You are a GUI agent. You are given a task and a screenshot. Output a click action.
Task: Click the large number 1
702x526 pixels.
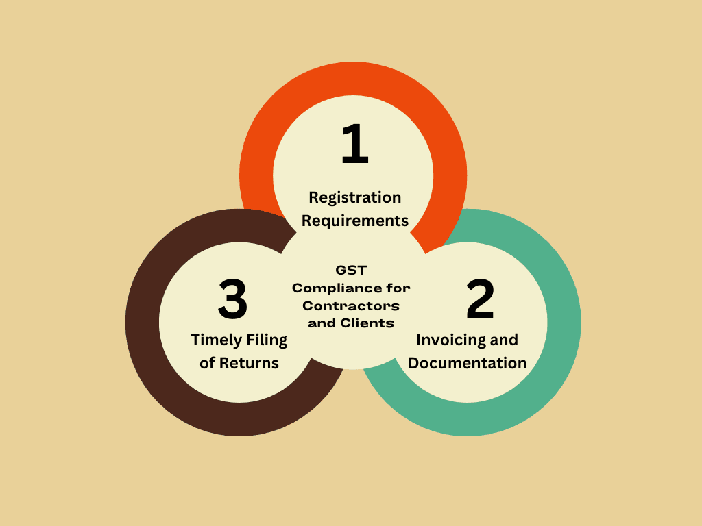[x=355, y=143]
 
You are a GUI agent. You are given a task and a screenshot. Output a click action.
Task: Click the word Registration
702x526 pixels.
[x=355, y=198]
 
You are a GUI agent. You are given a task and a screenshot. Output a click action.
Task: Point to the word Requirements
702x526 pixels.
[x=355, y=221]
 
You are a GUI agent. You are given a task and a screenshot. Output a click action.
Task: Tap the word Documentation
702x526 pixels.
[x=467, y=363]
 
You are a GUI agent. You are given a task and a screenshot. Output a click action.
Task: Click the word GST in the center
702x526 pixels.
[x=351, y=270]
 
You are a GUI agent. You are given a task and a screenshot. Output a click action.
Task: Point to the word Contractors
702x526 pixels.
[x=351, y=306]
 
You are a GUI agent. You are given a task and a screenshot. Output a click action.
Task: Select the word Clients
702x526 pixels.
[x=367, y=323]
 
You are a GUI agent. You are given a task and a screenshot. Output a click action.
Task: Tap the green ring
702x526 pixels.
[x=564, y=322]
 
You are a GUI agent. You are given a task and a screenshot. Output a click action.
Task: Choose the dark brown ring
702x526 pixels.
[x=143, y=322]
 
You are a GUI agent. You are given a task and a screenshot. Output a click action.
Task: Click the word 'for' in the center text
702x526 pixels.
[x=398, y=288]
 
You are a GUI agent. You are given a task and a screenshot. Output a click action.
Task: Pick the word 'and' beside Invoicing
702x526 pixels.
[x=504, y=340]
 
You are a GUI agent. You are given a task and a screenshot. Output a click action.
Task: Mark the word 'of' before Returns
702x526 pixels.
[x=207, y=363]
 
